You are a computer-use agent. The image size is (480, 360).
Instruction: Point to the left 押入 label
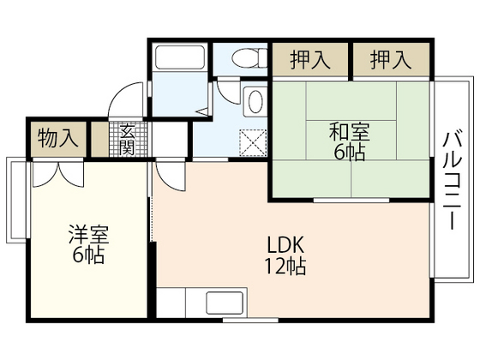click(x=309, y=60)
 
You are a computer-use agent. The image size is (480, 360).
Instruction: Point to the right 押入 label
click(x=391, y=60)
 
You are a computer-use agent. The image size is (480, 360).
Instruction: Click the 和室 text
click(x=349, y=132)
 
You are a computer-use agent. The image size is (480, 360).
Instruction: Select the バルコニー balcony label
click(x=452, y=178)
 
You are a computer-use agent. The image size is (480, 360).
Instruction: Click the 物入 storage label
click(x=57, y=139)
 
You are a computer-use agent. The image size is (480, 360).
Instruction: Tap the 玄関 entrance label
click(x=128, y=139)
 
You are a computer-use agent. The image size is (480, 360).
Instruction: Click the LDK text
click(x=285, y=243)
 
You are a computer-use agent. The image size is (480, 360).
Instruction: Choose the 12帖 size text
click(x=285, y=265)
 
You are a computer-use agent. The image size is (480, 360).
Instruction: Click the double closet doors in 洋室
click(x=57, y=174)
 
